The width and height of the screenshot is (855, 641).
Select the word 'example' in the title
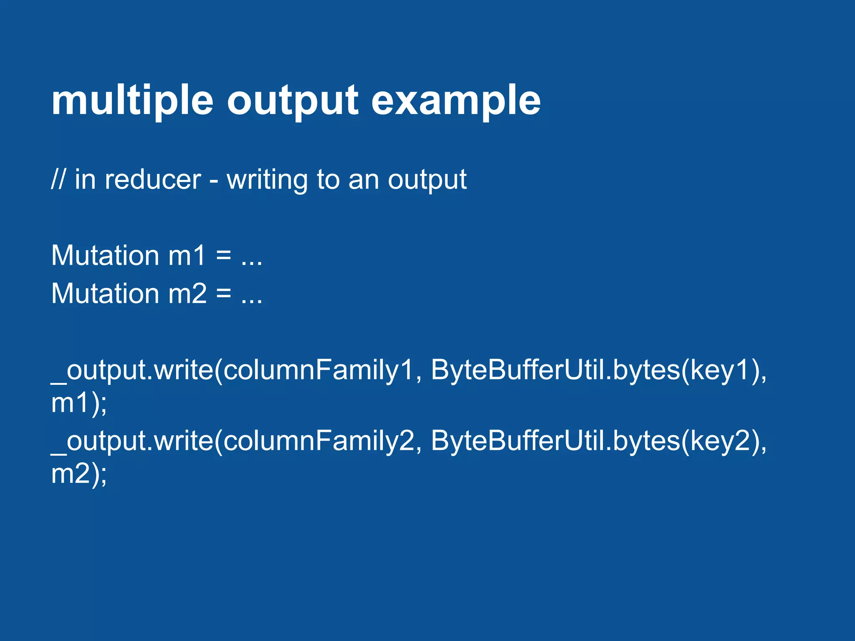pos(456,101)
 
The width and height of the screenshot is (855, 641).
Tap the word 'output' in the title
pos(292,101)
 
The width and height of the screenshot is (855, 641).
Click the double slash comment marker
pos(58,179)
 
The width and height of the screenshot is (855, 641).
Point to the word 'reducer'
pos(153,179)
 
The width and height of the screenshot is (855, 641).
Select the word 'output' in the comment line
pos(427,179)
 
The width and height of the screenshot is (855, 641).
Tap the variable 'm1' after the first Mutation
pos(187,255)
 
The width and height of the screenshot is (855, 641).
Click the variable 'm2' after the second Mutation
pos(187,293)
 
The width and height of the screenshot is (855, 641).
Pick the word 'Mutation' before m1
pos(105,255)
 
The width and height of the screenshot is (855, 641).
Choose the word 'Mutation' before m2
pos(105,293)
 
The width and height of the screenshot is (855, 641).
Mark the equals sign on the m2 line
pos(224,293)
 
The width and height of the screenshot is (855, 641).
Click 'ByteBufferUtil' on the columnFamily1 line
pos(518,370)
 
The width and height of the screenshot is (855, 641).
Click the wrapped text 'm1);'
pos(79,403)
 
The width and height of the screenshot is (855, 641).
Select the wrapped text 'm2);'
pos(79,474)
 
